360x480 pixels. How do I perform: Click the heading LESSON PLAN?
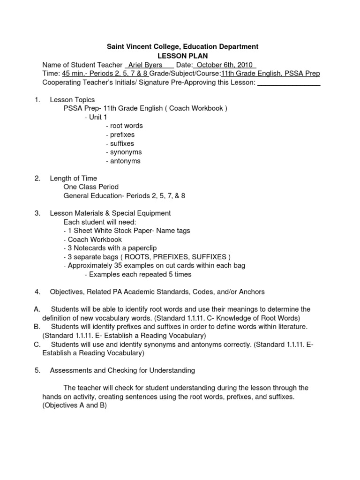coord(182,56)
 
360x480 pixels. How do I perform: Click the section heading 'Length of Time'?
coord(74,179)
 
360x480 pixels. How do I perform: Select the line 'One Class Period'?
coord(91,187)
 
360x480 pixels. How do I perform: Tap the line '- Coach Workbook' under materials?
coord(92,240)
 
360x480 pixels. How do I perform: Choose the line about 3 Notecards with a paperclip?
coord(110,248)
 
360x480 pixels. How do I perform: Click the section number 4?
coord(37,292)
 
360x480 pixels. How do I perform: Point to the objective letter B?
coord(37,327)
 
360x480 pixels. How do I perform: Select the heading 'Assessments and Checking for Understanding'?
coord(122,371)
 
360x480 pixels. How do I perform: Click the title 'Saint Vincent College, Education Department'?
coord(182,47)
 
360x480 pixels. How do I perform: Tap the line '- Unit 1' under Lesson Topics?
coord(96,117)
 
